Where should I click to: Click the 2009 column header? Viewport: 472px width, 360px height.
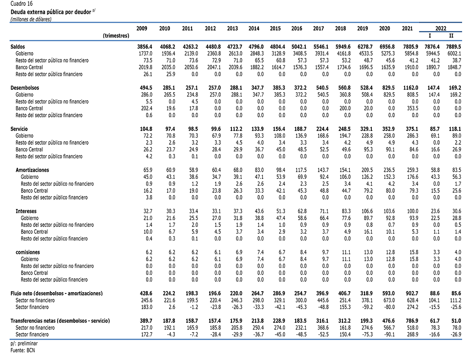click(x=142, y=29)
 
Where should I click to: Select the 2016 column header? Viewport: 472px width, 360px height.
click(x=297, y=29)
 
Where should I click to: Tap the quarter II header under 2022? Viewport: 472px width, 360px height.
click(x=451, y=36)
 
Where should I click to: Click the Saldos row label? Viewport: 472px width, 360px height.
click(x=18, y=47)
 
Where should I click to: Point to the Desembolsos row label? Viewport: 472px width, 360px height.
click(x=25, y=88)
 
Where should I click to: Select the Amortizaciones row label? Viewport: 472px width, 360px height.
click(x=32, y=170)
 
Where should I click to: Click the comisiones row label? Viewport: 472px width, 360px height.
click(x=28, y=252)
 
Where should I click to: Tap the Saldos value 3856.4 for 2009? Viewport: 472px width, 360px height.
click(x=144, y=47)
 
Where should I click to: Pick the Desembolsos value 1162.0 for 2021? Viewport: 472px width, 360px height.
click(x=410, y=88)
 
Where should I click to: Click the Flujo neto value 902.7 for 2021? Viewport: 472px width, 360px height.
click(x=412, y=293)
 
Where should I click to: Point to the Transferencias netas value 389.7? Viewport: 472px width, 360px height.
click(x=146, y=321)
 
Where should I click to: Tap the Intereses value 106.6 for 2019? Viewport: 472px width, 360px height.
click(x=367, y=211)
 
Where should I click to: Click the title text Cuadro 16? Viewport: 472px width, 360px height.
click(x=22, y=4)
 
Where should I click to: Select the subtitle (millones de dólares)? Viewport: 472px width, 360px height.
click(x=31, y=19)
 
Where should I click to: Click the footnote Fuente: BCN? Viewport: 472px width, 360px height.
click(x=22, y=351)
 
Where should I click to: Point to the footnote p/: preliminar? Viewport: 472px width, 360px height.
click(x=24, y=343)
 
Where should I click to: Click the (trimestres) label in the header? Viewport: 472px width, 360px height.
click(x=116, y=36)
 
